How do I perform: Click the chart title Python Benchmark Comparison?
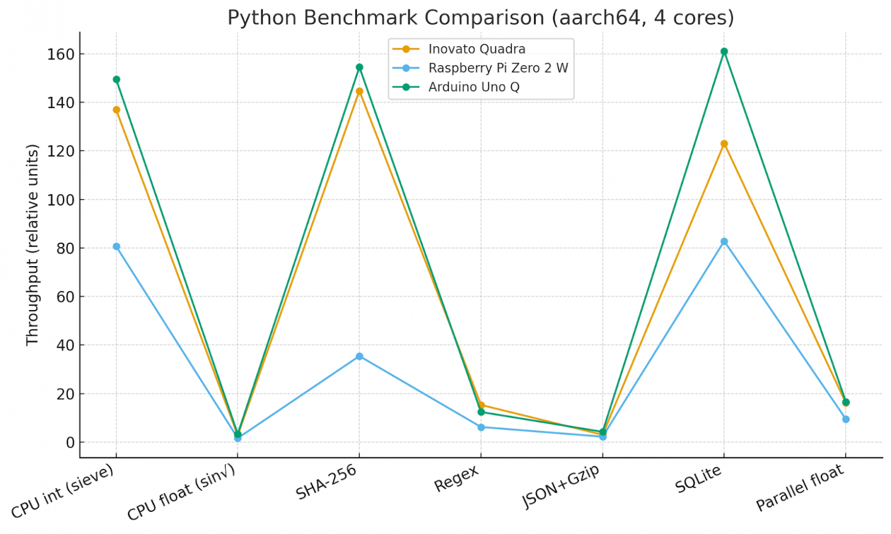[x=480, y=18]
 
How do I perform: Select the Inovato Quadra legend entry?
[x=476, y=49]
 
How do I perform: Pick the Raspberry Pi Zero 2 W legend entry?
[x=498, y=68]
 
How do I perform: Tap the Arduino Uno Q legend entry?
[x=473, y=87]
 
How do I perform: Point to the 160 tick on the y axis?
[x=61, y=54]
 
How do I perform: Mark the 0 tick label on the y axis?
[x=70, y=443]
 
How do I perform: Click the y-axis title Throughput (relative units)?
[x=32, y=244]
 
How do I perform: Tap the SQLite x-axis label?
[x=698, y=479]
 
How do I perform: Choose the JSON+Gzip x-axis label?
[x=561, y=486]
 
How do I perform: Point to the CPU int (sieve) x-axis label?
[x=62, y=491]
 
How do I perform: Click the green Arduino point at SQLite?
[x=724, y=51]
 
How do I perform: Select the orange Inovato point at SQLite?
[x=724, y=144]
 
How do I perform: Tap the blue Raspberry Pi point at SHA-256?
[x=359, y=356]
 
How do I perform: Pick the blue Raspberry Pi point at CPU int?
[x=117, y=247]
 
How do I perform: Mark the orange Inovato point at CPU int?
[x=117, y=110]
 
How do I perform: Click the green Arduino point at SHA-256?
[x=359, y=67]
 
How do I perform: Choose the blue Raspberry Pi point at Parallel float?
[x=846, y=419]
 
